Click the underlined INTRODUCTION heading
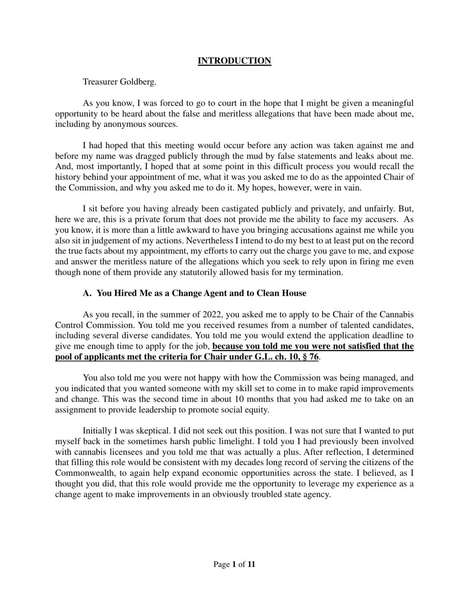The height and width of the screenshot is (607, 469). (234, 61)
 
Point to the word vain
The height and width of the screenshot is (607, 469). (353, 188)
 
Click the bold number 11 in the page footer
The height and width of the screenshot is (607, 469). (251, 565)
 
